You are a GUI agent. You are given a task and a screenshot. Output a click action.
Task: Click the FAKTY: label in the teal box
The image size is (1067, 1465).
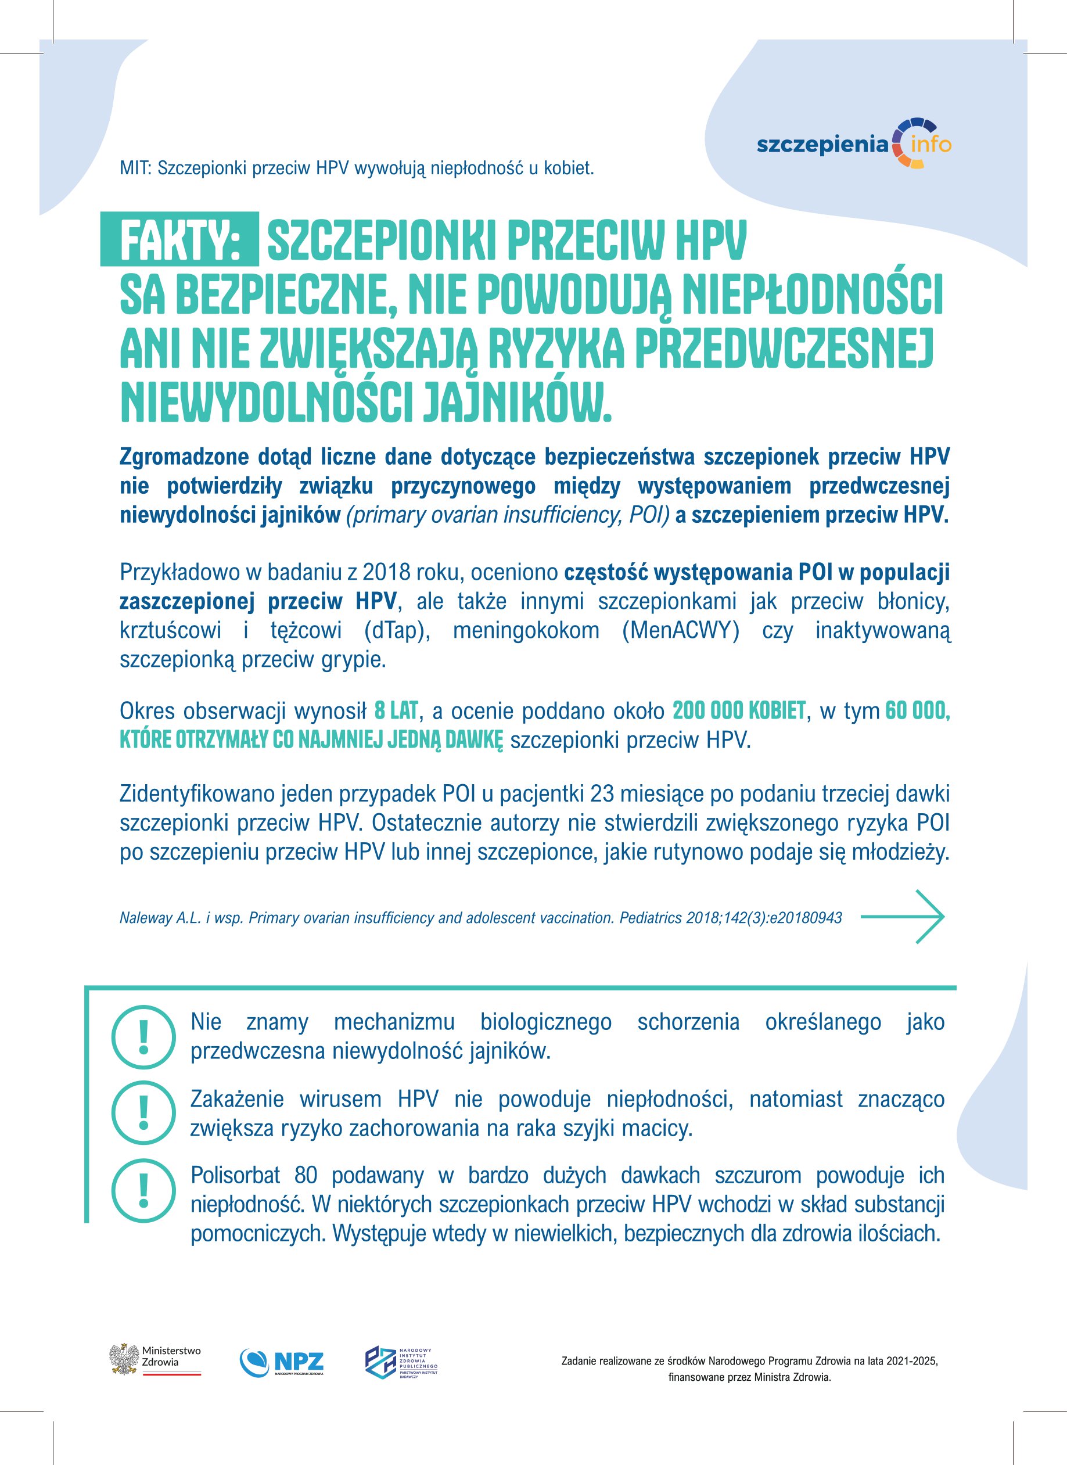180,240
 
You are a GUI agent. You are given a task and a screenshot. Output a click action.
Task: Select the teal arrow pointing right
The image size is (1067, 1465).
902,917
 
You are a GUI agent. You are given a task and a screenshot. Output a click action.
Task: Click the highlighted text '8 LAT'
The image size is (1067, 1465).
396,711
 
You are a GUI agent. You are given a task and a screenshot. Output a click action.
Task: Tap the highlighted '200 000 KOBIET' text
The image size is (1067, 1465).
739,711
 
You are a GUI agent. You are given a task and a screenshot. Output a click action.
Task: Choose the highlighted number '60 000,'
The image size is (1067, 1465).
917,711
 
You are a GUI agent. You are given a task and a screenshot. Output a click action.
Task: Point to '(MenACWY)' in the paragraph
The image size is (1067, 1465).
681,630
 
